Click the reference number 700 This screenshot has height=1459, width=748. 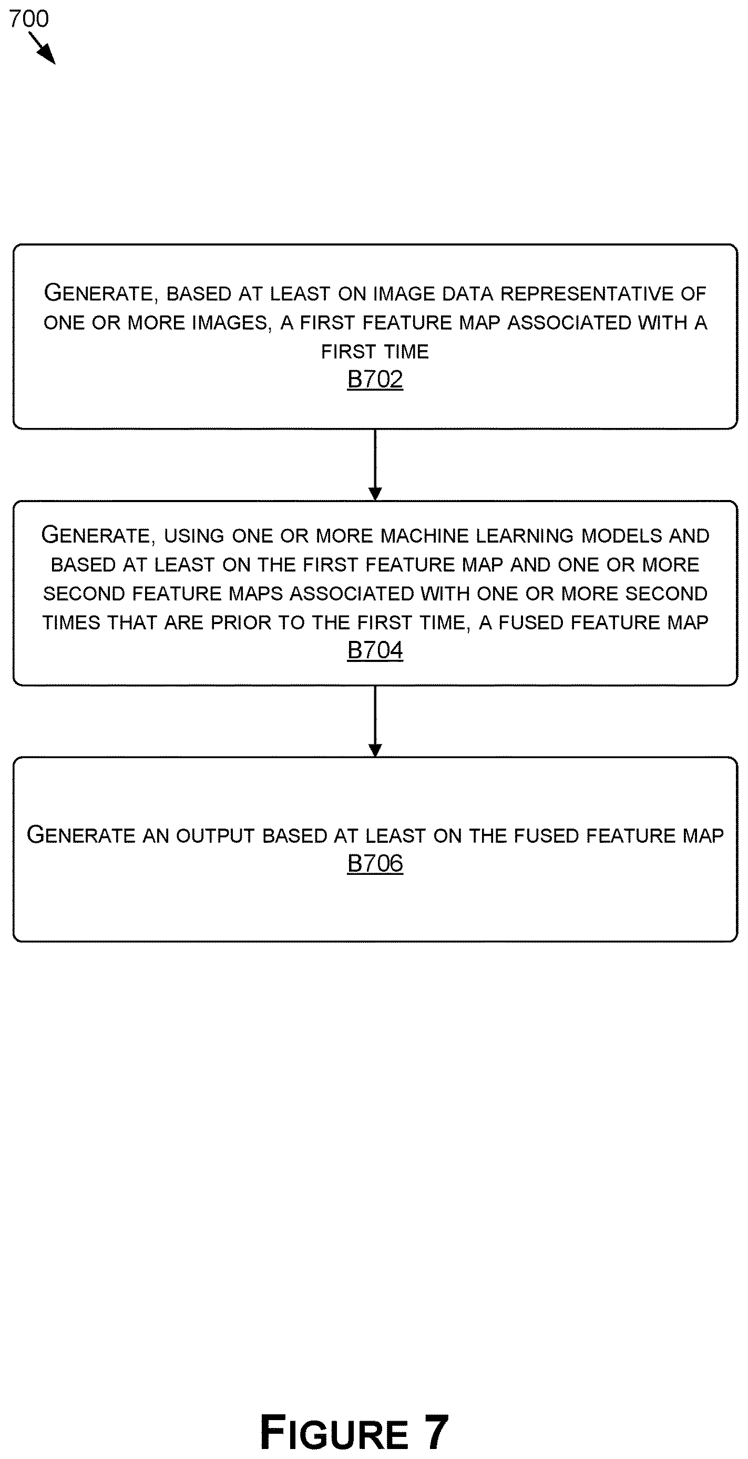click(x=29, y=19)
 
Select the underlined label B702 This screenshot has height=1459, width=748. click(x=375, y=379)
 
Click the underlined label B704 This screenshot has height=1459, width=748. click(x=375, y=650)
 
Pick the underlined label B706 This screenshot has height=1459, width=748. click(x=375, y=863)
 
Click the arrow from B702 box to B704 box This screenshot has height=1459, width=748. click(x=375, y=465)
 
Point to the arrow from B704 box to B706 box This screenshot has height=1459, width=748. click(x=375, y=721)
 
